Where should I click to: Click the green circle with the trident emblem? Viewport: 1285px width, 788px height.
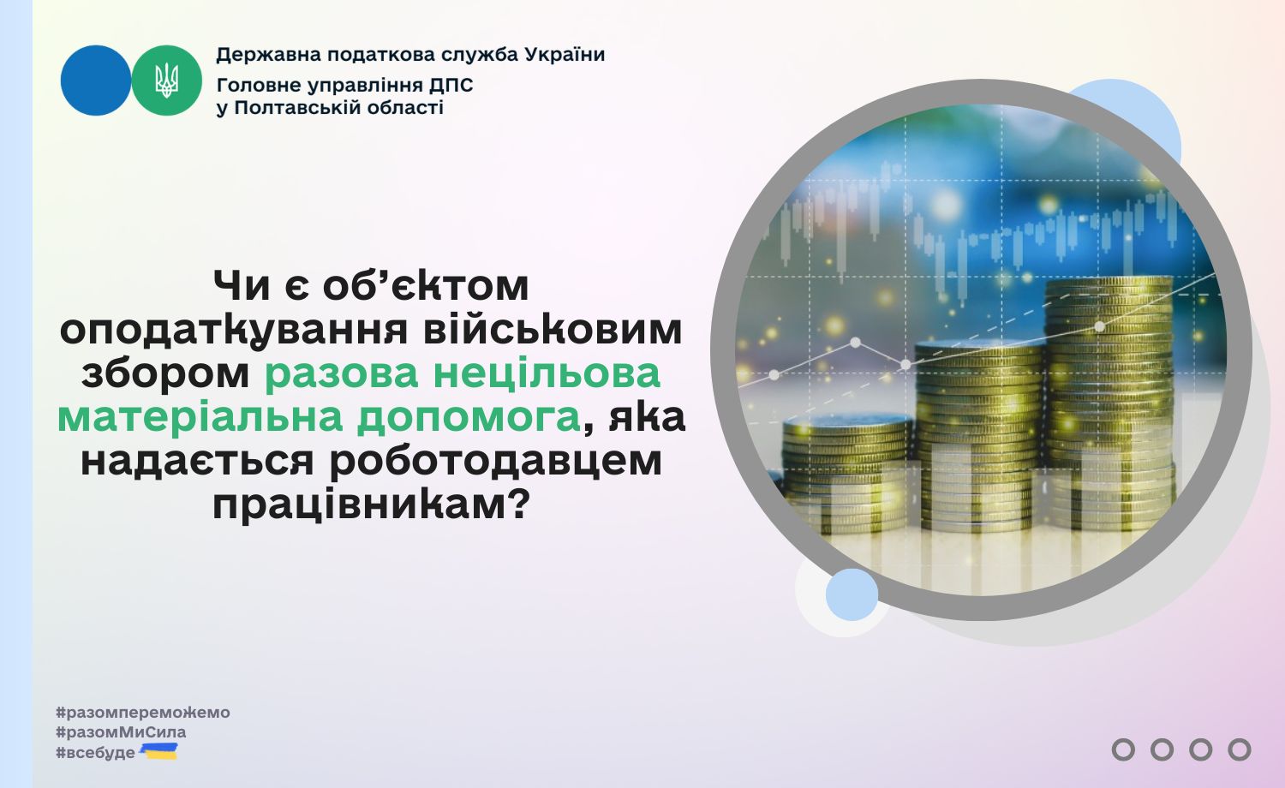(x=166, y=81)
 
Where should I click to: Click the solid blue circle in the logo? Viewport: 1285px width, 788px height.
(x=96, y=81)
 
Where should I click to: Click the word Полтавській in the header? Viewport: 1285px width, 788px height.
(x=297, y=108)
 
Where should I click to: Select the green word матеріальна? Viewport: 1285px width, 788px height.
(x=200, y=417)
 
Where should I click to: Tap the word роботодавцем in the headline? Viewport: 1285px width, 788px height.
(x=496, y=462)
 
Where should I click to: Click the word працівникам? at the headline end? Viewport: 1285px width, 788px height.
(x=370, y=505)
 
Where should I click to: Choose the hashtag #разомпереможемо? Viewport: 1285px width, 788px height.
(x=143, y=713)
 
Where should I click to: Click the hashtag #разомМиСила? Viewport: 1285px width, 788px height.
(x=121, y=732)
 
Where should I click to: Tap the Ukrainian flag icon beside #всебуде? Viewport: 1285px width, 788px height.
(x=158, y=751)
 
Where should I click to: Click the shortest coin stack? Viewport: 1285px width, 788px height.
(x=847, y=476)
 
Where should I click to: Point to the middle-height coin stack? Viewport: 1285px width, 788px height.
(x=978, y=436)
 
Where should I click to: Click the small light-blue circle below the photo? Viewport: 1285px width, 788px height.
(x=852, y=594)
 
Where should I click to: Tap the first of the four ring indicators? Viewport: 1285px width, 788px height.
(x=1123, y=749)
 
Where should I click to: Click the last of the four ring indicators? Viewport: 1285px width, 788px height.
(x=1239, y=749)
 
